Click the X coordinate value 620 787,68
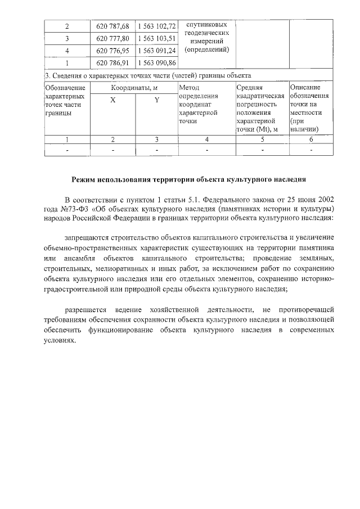[x=112, y=26]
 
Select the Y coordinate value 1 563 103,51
[x=156, y=38]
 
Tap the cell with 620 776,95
[x=112, y=50]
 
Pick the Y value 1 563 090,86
[x=156, y=62]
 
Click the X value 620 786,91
[x=112, y=62]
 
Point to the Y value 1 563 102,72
[x=156, y=26]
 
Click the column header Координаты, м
[x=134, y=88]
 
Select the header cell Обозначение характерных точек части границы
[x=66, y=100]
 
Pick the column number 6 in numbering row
[x=311, y=139]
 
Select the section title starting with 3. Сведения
[x=147, y=75]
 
